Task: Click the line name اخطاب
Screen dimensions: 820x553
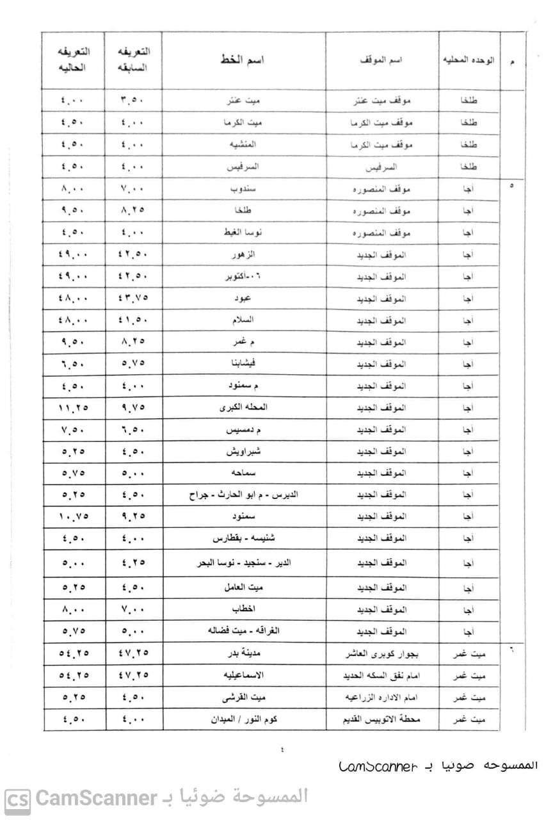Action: (243, 609)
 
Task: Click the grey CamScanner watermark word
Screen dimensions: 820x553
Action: (96, 798)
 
